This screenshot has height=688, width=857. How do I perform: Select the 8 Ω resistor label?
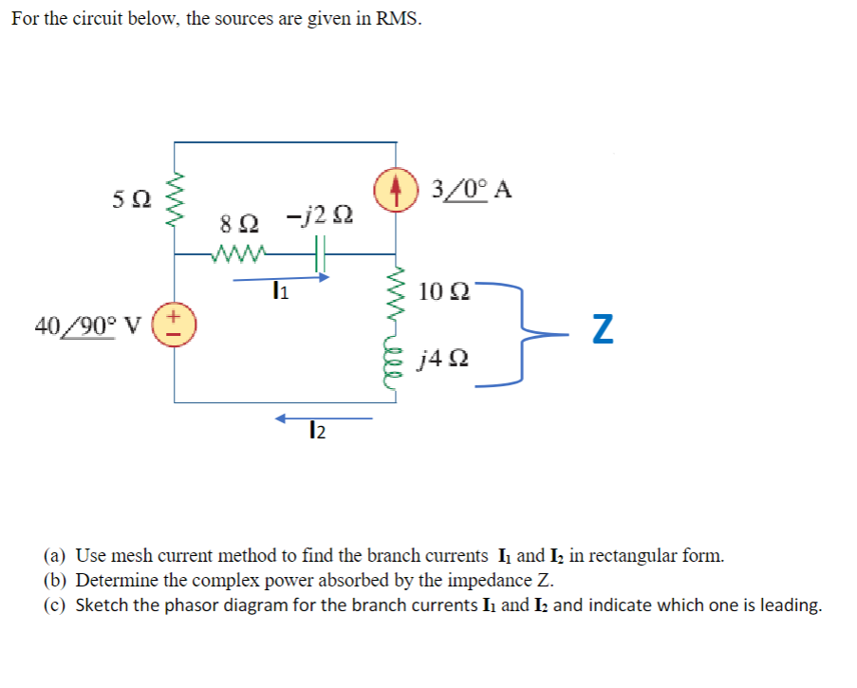235,226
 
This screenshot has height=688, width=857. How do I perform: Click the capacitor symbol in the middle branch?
320,254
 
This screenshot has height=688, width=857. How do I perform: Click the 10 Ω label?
442,290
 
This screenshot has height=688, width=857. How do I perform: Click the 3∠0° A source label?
471,189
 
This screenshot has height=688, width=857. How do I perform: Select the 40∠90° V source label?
87,325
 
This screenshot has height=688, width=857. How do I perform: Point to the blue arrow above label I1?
281,279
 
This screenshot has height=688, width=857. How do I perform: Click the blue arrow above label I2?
324,418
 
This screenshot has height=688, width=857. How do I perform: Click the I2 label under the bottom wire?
317,434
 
